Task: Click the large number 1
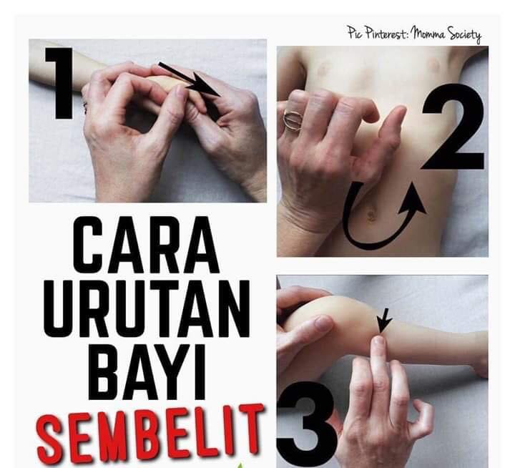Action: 61,84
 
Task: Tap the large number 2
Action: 453,127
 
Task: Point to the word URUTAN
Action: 147,308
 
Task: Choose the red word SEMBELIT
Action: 150,433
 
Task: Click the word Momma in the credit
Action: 429,34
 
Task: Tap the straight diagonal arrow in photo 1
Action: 190,79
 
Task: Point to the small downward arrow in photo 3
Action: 383,321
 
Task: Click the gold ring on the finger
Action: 293,120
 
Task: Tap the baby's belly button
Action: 371,215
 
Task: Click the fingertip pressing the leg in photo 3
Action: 379,342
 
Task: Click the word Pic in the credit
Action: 355,33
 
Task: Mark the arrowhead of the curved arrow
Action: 413,200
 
